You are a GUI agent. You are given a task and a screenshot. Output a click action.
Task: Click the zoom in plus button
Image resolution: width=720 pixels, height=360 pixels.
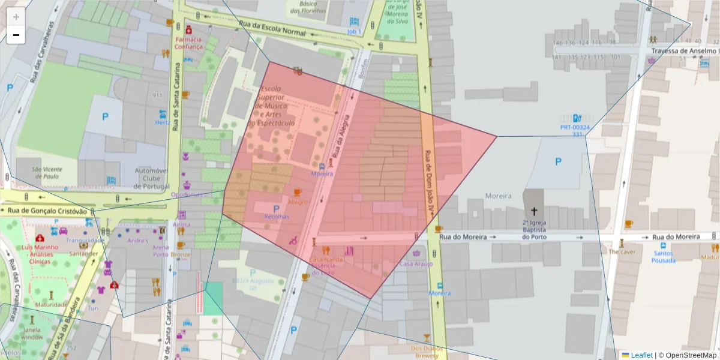tap(16, 17)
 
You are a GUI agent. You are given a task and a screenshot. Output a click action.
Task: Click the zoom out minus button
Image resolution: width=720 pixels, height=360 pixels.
tap(16, 35)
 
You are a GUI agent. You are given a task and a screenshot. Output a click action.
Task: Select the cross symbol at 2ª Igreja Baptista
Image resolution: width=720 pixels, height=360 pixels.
tap(534, 211)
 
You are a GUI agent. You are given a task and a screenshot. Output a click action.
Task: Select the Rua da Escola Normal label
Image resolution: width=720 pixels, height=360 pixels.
tap(272, 31)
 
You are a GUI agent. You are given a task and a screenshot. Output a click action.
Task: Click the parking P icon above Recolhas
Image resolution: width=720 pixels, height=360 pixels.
tap(277, 207)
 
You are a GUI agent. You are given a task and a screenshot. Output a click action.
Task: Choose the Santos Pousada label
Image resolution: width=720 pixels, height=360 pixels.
tap(662, 257)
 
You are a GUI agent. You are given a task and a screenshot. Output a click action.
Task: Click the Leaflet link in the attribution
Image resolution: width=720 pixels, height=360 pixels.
tap(641, 355)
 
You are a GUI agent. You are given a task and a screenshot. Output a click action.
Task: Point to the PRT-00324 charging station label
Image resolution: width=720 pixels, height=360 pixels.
tap(575, 128)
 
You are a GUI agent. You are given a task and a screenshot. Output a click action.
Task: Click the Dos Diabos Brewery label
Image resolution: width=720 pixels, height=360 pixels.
tap(427, 352)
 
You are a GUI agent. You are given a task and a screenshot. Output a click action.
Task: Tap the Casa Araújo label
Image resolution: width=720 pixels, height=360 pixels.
tap(416, 264)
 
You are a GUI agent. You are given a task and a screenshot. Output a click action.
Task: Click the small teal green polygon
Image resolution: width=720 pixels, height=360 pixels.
tap(213, 298)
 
